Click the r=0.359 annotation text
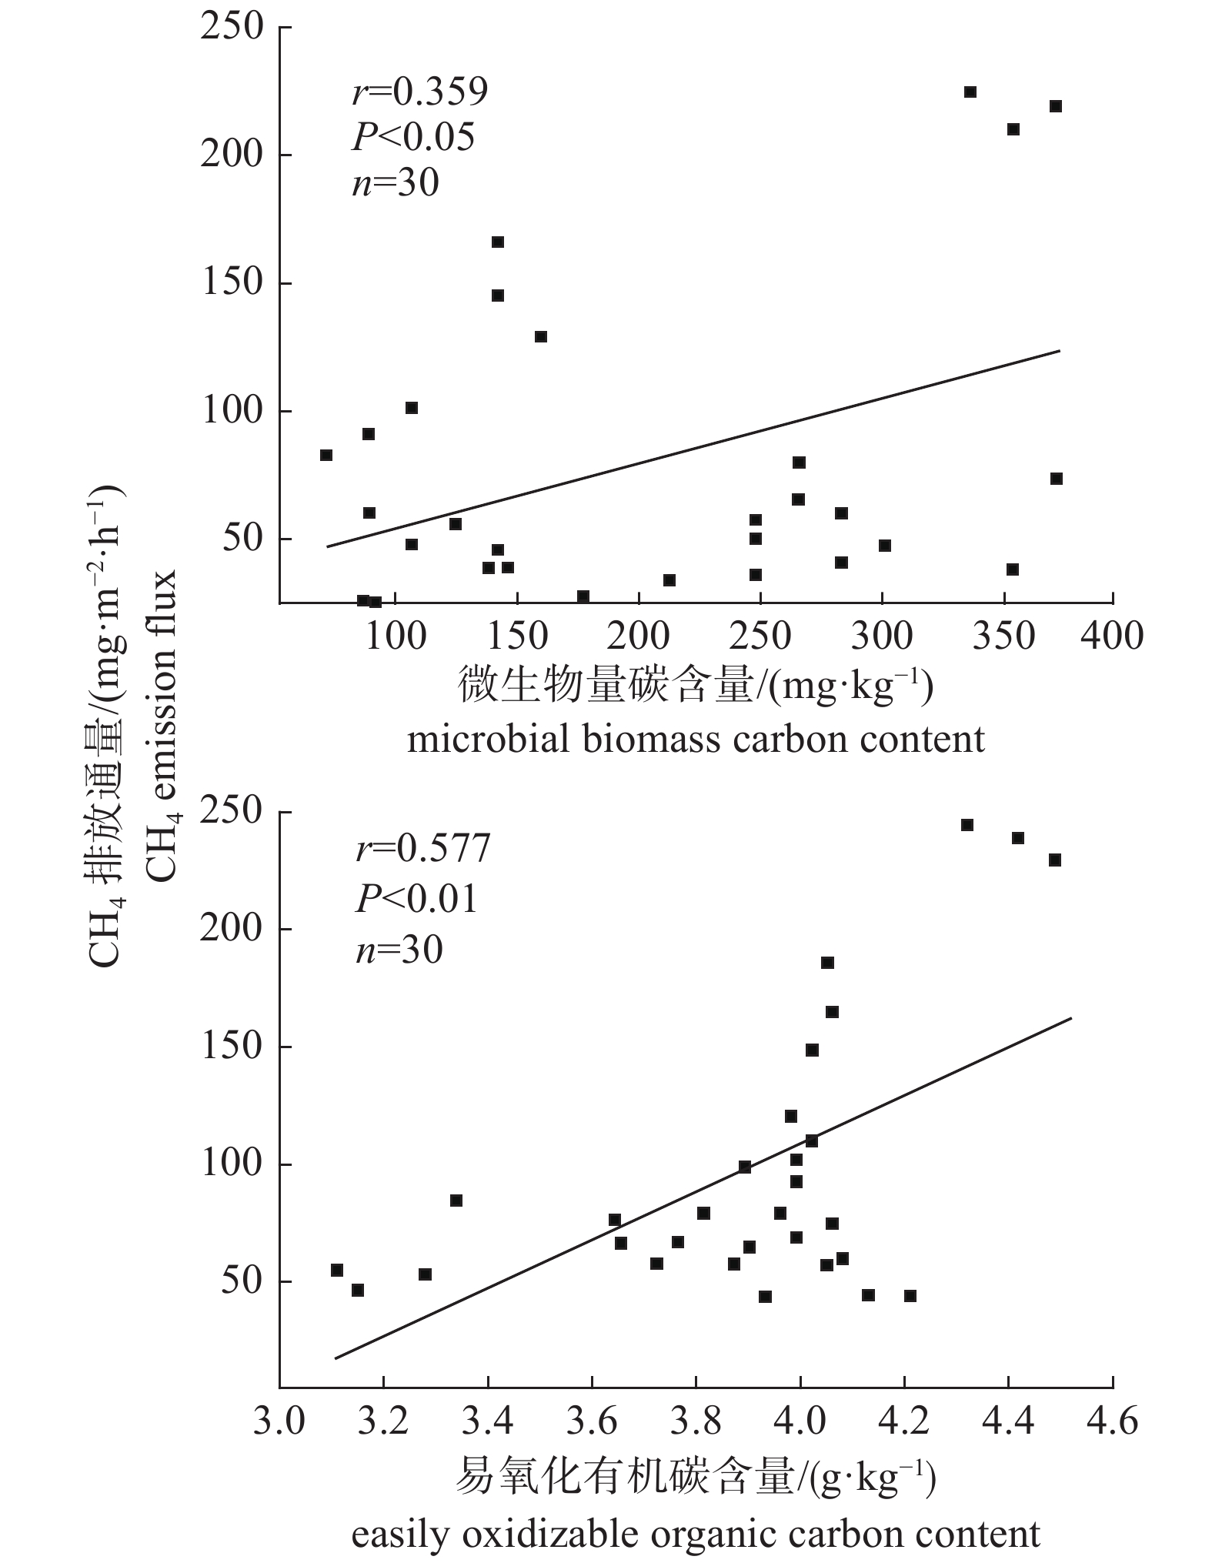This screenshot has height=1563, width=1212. [x=419, y=92]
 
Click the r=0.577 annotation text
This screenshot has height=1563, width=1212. [x=422, y=849]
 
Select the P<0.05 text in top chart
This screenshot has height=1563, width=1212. [x=413, y=138]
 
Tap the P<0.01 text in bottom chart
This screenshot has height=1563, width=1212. [x=416, y=899]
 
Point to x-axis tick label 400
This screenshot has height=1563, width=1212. [x=1113, y=637]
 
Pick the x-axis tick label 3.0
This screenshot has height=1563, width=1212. [x=279, y=1422]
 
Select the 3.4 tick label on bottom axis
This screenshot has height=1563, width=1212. [x=487, y=1422]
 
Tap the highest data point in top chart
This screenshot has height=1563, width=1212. [x=970, y=92]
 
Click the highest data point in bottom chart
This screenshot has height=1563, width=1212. [x=967, y=825]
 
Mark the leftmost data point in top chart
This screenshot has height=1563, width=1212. [x=326, y=456]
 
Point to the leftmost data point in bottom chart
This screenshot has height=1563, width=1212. [x=336, y=1270]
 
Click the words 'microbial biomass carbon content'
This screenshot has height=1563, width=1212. [x=695, y=740]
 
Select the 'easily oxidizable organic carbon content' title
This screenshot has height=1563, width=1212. [x=695, y=1528]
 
